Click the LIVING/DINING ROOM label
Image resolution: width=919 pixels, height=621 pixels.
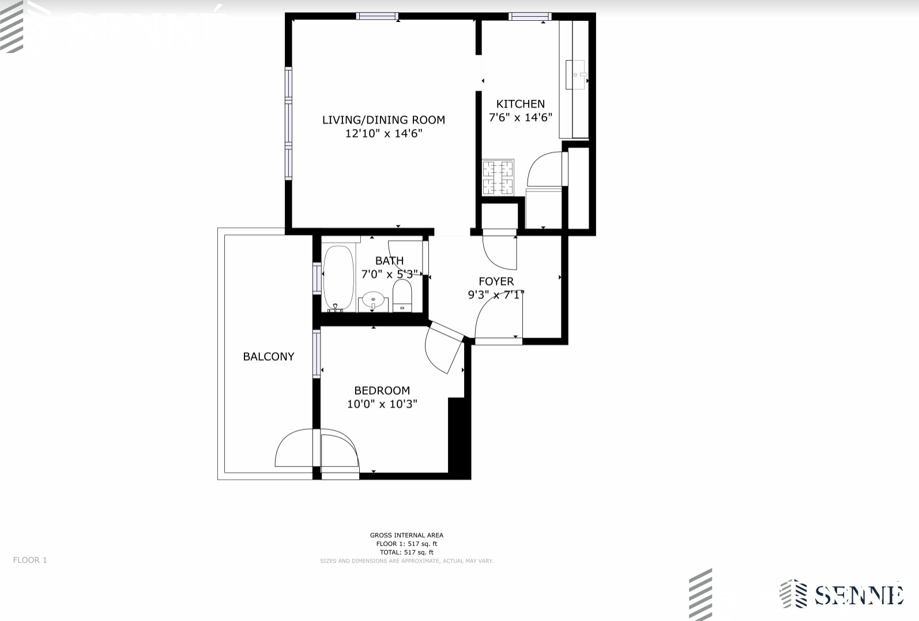[x=383, y=120]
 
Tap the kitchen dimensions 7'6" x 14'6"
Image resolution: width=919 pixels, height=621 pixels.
[x=520, y=118]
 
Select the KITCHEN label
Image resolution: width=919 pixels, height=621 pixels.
[x=520, y=104]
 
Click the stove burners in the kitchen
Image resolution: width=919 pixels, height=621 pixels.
[x=498, y=177]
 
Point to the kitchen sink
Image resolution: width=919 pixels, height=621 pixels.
[x=575, y=74]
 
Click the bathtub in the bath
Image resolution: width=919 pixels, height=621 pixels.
[x=338, y=278]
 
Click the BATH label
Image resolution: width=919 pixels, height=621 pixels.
[x=389, y=261]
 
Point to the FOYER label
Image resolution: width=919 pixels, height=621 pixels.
[x=496, y=282]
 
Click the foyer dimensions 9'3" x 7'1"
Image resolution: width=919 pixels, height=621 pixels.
[x=496, y=295]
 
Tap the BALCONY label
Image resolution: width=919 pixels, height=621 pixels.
[x=269, y=357]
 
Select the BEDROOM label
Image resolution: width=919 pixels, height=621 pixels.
[x=382, y=391]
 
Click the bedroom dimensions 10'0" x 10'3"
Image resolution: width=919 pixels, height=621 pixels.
[x=382, y=404]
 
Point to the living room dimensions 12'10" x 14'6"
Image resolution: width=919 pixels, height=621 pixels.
[x=383, y=134]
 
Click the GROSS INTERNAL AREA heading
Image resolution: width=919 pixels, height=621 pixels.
[x=406, y=536]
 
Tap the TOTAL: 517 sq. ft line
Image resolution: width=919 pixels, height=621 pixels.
[x=406, y=552]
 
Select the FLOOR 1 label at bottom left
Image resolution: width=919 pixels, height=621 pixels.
[x=30, y=560]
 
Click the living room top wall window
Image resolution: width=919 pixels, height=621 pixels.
[x=377, y=16]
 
